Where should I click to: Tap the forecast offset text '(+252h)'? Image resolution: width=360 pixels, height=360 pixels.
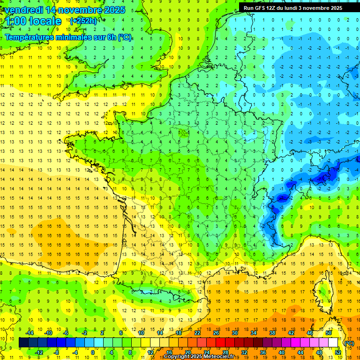pyautogui.click(x=83, y=21)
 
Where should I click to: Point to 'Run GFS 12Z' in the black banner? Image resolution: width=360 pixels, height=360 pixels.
pyautogui.click(x=261, y=8)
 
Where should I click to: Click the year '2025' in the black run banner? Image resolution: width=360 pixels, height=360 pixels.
pyautogui.click(x=334, y=8)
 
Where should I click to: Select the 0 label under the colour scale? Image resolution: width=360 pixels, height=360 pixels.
pyautogui.click(x=92, y=352)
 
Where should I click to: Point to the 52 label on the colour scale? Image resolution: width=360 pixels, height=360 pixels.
pyautogui.click(x=337, y=352)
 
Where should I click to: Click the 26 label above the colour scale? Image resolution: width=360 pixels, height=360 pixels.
pyautogui.click(x=216, y=333)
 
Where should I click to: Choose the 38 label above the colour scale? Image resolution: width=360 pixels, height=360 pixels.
pyautogui.click(x=272, y=333)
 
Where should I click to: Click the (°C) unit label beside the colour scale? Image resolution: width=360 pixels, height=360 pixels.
pyautogui.click(x=349, y=343)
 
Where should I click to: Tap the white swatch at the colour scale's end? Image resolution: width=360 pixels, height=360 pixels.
pyautogui.click(x=333, y=343)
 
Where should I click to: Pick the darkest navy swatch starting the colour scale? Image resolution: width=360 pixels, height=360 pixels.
pyautogui.click(x=23, y=343)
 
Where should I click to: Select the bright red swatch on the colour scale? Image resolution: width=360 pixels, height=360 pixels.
pyautogui.click(x=220, y=343)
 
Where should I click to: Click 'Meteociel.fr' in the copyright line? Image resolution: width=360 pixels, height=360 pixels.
pyautogui.click(x=217, y=357)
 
